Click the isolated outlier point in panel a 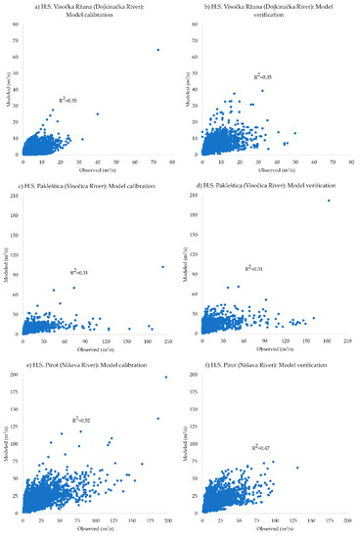coord(157,49)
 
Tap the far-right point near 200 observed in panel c coord(162,267)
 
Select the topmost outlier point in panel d coord(329,201)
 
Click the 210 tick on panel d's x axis coord(347,340)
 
